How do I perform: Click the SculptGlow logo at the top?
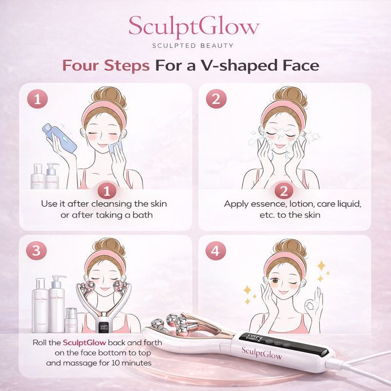click(x=195, y=27)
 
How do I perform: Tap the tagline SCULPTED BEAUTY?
click(x=195, y=45)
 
